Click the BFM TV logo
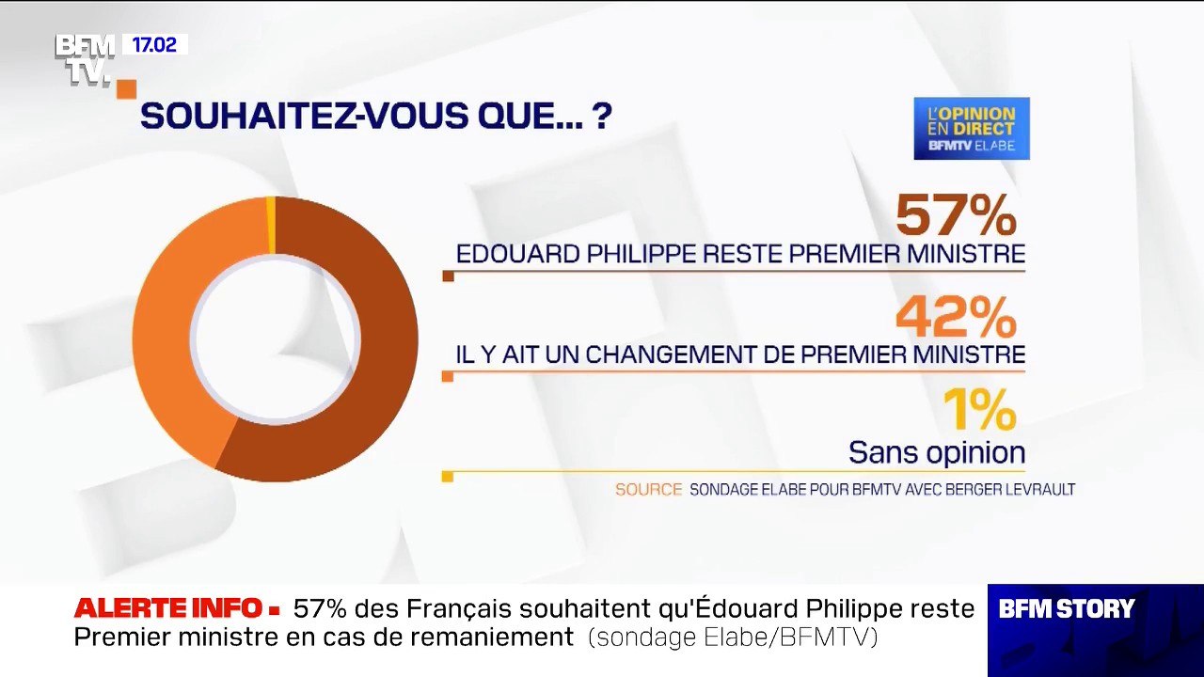pos(85,58)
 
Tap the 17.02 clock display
pos(154,45)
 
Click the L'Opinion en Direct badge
pos(972,128)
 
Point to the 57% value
pos(956,215)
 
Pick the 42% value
pos(956,318)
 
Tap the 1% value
pos(979,411)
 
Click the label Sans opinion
pos(937,452)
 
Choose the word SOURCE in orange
pos(648,489)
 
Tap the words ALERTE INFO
pos(167,608)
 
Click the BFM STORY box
pos(1067,609)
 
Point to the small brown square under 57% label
pos(448,276)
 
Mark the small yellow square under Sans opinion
pos(448,477)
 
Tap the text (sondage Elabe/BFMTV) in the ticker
pos(733,638)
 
